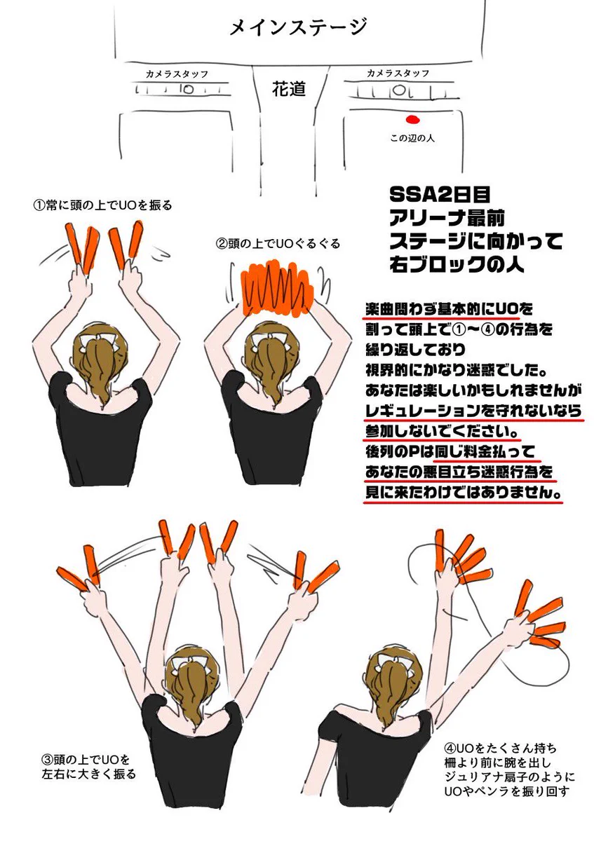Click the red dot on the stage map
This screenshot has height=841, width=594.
pyautogui.click(x=412, y=118)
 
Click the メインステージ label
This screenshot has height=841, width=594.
pyautogui.click(x=298, y=28)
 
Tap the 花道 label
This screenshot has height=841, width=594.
pyautogui.click(x=288, y=89)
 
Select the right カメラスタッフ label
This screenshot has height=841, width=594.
pyautogui.click(x=398, y=73)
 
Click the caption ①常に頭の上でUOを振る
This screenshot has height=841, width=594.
pyautogui.click(x=102, y=205)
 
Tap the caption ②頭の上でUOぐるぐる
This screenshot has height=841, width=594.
pyautogui.click(x=278, y=244)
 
